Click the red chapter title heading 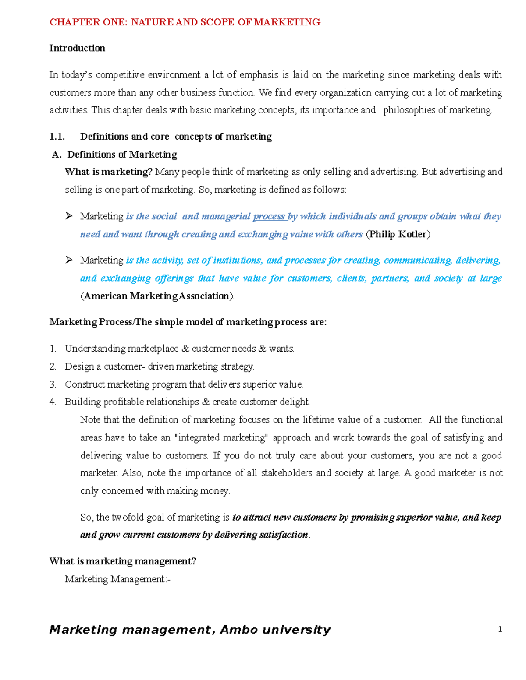click(x=185, y=22)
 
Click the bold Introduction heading click(x=77, y=48)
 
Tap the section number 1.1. click(x=57, y=137)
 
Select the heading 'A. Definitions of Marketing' click(x=115, y=155)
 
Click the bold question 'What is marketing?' click(x=108, y=172)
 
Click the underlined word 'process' click(x=269, y=216)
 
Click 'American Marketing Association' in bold click(x=157, y=296)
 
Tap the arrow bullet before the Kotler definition click(x=69, y=216)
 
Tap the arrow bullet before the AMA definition click(x=69, y=260)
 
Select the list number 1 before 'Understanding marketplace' click(x=53, y=349)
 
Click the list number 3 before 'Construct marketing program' click(x=53, y=384)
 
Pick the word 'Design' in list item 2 click(x=79, y=366)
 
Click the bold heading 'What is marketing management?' click(x=123, y=561)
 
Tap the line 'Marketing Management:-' click(x=117, y=579)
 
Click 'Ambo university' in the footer click(x=275, y=630)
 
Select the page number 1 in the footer click(x=500, y=630)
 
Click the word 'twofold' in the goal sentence click(x=128, y=518)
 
